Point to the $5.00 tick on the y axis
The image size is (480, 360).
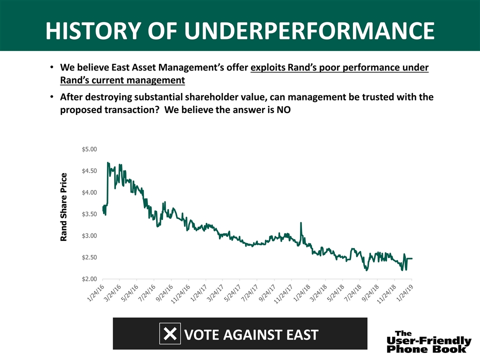[90, 149]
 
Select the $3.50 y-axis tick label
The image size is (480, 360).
[90, 214]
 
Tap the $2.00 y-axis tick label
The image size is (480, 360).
[90, 279]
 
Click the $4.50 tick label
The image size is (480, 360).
[90, 171]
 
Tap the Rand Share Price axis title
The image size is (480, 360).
[63, 207]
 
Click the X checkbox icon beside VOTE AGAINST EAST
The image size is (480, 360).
[170, 333]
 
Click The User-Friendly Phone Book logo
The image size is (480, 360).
[428, 341]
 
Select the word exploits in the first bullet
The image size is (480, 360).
[269, 67]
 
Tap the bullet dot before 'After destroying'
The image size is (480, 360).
[52, 97]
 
